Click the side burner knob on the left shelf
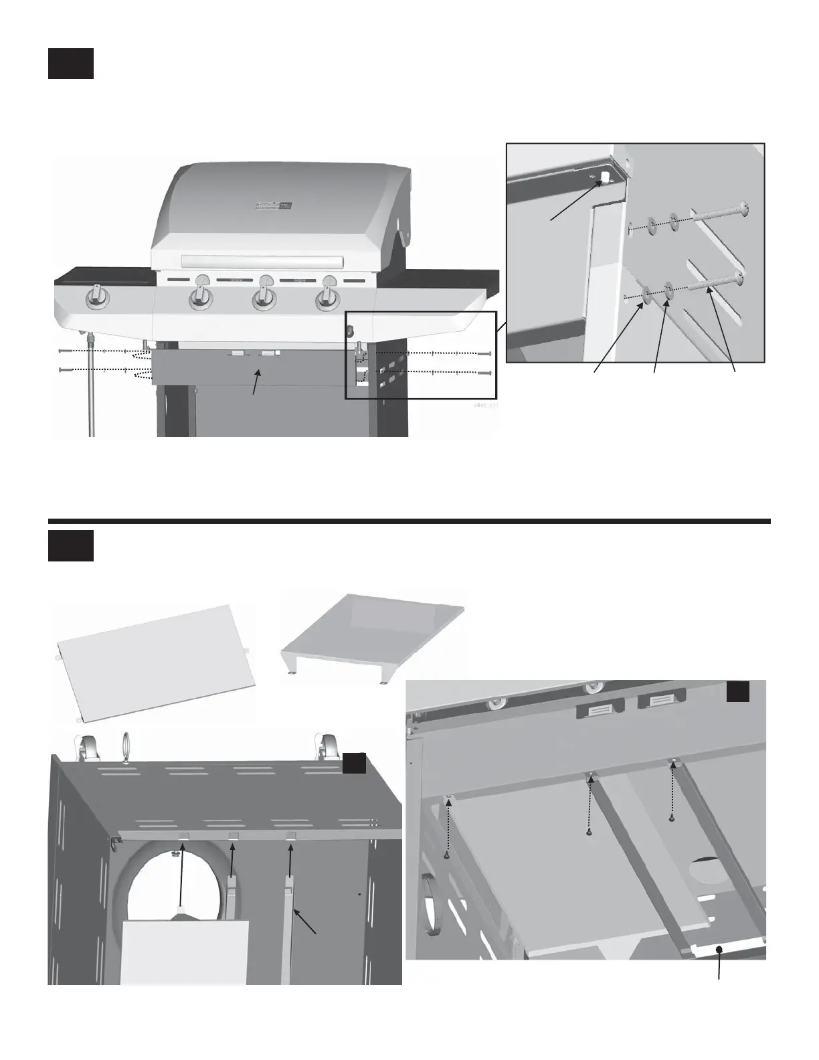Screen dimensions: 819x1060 click(97, 298)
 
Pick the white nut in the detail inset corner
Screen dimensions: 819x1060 click(604, 177)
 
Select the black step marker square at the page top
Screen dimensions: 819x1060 click(70, 63)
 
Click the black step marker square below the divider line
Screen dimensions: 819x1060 click(70, 546)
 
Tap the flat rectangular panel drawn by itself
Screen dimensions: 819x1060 click(156, 659)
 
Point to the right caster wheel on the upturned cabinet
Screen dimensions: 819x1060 click(326, 747)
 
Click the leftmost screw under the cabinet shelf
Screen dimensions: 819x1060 click(446, 855)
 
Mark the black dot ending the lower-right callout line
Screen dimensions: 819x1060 click(719, 949)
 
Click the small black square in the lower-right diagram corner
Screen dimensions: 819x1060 click(738, 691)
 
